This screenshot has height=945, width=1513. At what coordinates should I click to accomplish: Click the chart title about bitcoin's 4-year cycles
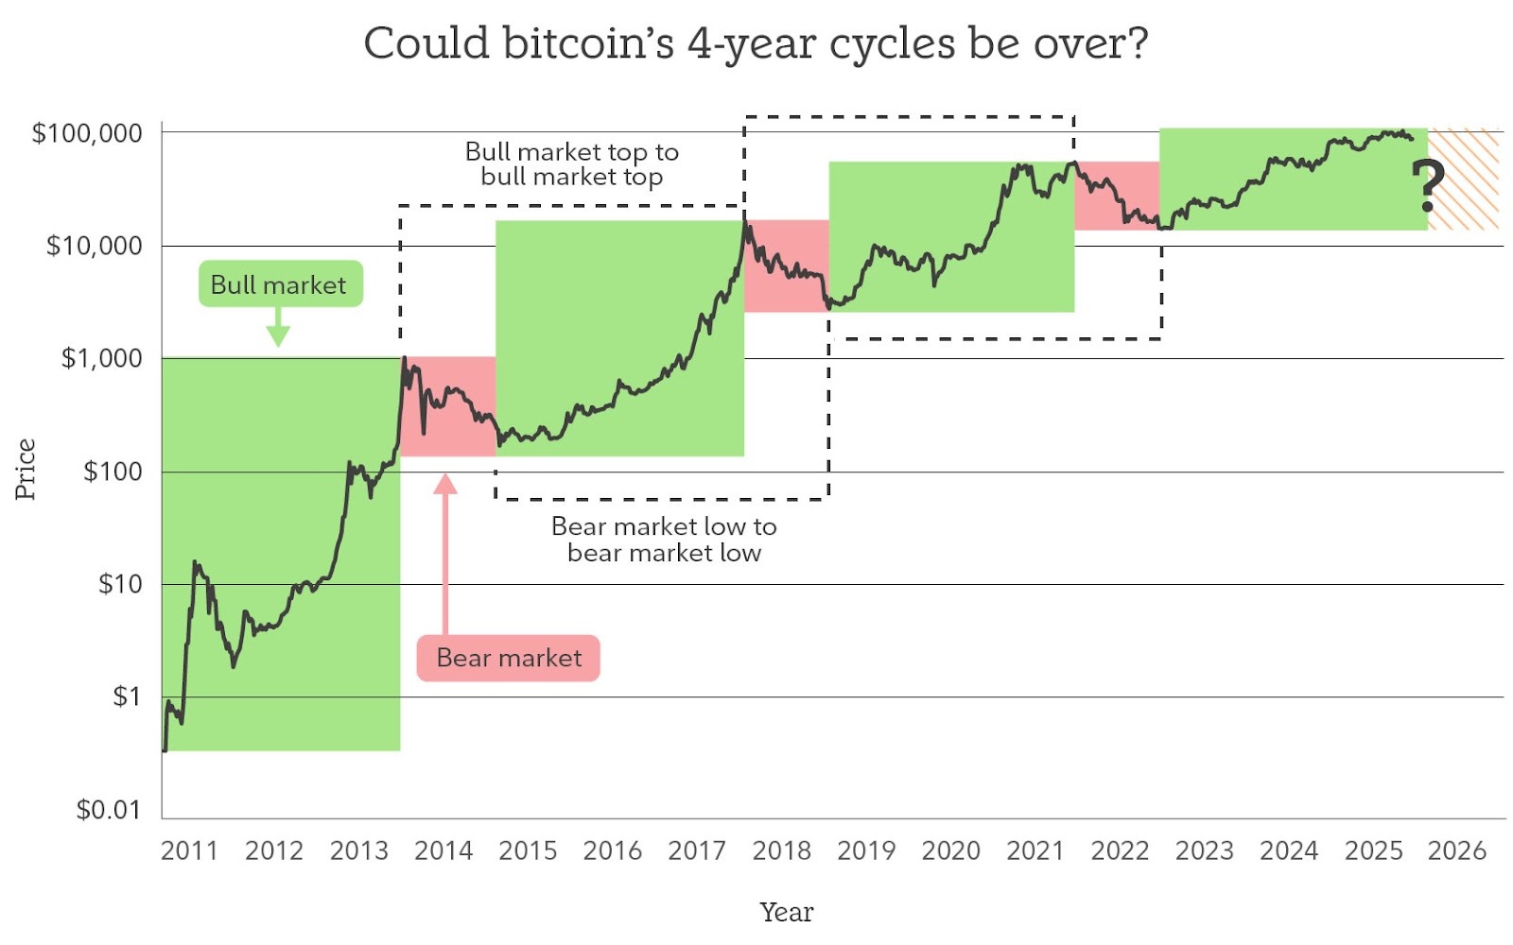[756, 43]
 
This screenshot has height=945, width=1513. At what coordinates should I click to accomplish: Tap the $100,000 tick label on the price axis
[87, 133]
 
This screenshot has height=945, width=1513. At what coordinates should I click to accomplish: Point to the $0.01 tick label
[108, 809]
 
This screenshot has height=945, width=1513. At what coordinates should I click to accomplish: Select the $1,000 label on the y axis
[101, 358]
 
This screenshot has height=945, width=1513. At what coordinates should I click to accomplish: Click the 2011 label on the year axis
[189, 850]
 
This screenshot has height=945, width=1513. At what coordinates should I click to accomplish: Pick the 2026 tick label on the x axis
[1457, 850]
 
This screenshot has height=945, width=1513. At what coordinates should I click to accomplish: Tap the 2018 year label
[781, 850]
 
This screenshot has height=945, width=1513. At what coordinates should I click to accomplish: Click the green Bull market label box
[281, 284]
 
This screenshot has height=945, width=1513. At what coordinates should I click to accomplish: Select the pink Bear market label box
[508, 658]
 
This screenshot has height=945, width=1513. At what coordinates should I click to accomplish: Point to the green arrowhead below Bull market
[278, 335]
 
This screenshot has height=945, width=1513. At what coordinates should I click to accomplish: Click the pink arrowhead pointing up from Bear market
[445, 483]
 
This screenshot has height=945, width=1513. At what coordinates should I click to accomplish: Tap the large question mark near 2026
[1428, 186]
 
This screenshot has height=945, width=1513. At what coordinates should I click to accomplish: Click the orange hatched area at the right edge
[1463, 179]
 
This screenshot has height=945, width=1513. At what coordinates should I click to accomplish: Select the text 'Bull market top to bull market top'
[571, 164]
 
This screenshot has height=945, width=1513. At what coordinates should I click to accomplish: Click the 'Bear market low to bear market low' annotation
[664, 540]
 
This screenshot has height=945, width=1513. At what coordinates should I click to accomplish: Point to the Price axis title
[25, 469]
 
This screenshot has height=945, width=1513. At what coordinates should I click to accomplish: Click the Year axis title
[787, 912]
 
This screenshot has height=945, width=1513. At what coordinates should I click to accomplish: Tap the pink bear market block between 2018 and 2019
[786, 266]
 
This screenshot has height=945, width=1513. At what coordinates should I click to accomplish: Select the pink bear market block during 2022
[1117, 196]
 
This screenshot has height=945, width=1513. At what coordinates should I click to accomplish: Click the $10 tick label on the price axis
[119, 584]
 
